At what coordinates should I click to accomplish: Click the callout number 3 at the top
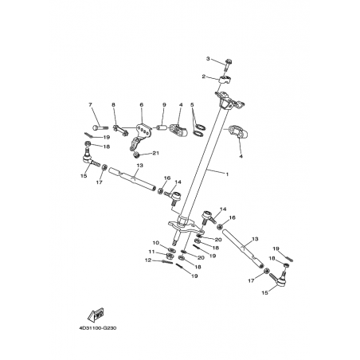(208, 58)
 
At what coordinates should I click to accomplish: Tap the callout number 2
(204, 76)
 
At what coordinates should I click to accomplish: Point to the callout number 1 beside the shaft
(227, 174)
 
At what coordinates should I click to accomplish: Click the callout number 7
(90, 105)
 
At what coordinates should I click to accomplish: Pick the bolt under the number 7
(100, 128)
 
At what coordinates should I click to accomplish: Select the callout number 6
(141, 105)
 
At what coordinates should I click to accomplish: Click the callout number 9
(164, 105)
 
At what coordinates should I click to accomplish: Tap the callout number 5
(192, 105)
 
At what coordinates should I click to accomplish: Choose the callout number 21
(155, 153)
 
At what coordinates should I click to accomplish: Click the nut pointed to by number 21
(136, 155)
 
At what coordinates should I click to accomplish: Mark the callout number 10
(155, 243)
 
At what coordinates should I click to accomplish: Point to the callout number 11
(151, 252)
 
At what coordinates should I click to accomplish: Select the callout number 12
(148, 260)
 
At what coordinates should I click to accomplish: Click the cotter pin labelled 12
(167, 262)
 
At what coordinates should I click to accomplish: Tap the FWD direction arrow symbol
(96, 315)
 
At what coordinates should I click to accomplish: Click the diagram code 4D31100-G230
(98, 328)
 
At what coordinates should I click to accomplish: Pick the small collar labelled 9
(162, 128)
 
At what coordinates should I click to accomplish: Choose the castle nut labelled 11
(169, 256)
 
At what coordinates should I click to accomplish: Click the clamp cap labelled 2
(225, 80)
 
